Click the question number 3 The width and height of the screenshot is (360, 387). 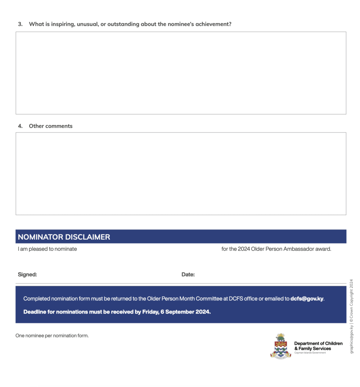(20, 24)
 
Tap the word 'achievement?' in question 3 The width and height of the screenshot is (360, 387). (213, 24)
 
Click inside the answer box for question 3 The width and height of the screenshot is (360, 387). (181, 73)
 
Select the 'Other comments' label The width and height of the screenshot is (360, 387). (50, 126)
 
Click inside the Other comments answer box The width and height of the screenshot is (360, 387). (181, 173)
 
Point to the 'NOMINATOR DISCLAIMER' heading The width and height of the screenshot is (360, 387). (64, 237)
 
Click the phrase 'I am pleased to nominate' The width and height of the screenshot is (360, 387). (47, 249)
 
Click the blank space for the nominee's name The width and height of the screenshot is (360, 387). (149, 249)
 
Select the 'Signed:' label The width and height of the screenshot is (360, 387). (27, 275)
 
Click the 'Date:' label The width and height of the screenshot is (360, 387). (188, 275)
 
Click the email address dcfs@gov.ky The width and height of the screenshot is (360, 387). (307, 298)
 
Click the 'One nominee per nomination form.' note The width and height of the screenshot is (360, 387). (52, 336)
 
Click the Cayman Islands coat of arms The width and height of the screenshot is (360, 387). (281, 346)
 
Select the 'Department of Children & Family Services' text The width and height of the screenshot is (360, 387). (318, 346)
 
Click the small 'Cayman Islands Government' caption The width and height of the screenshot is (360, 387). (310, 353)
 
